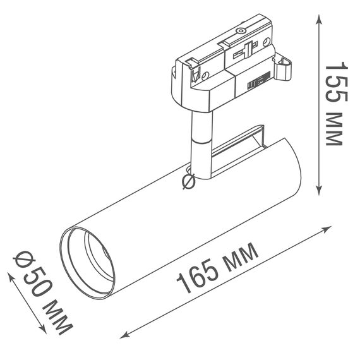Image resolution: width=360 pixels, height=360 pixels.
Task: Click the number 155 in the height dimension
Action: point(335,86)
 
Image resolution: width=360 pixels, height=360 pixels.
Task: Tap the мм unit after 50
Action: point(59,318)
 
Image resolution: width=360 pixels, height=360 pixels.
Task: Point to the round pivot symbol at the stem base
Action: point(188,182)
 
